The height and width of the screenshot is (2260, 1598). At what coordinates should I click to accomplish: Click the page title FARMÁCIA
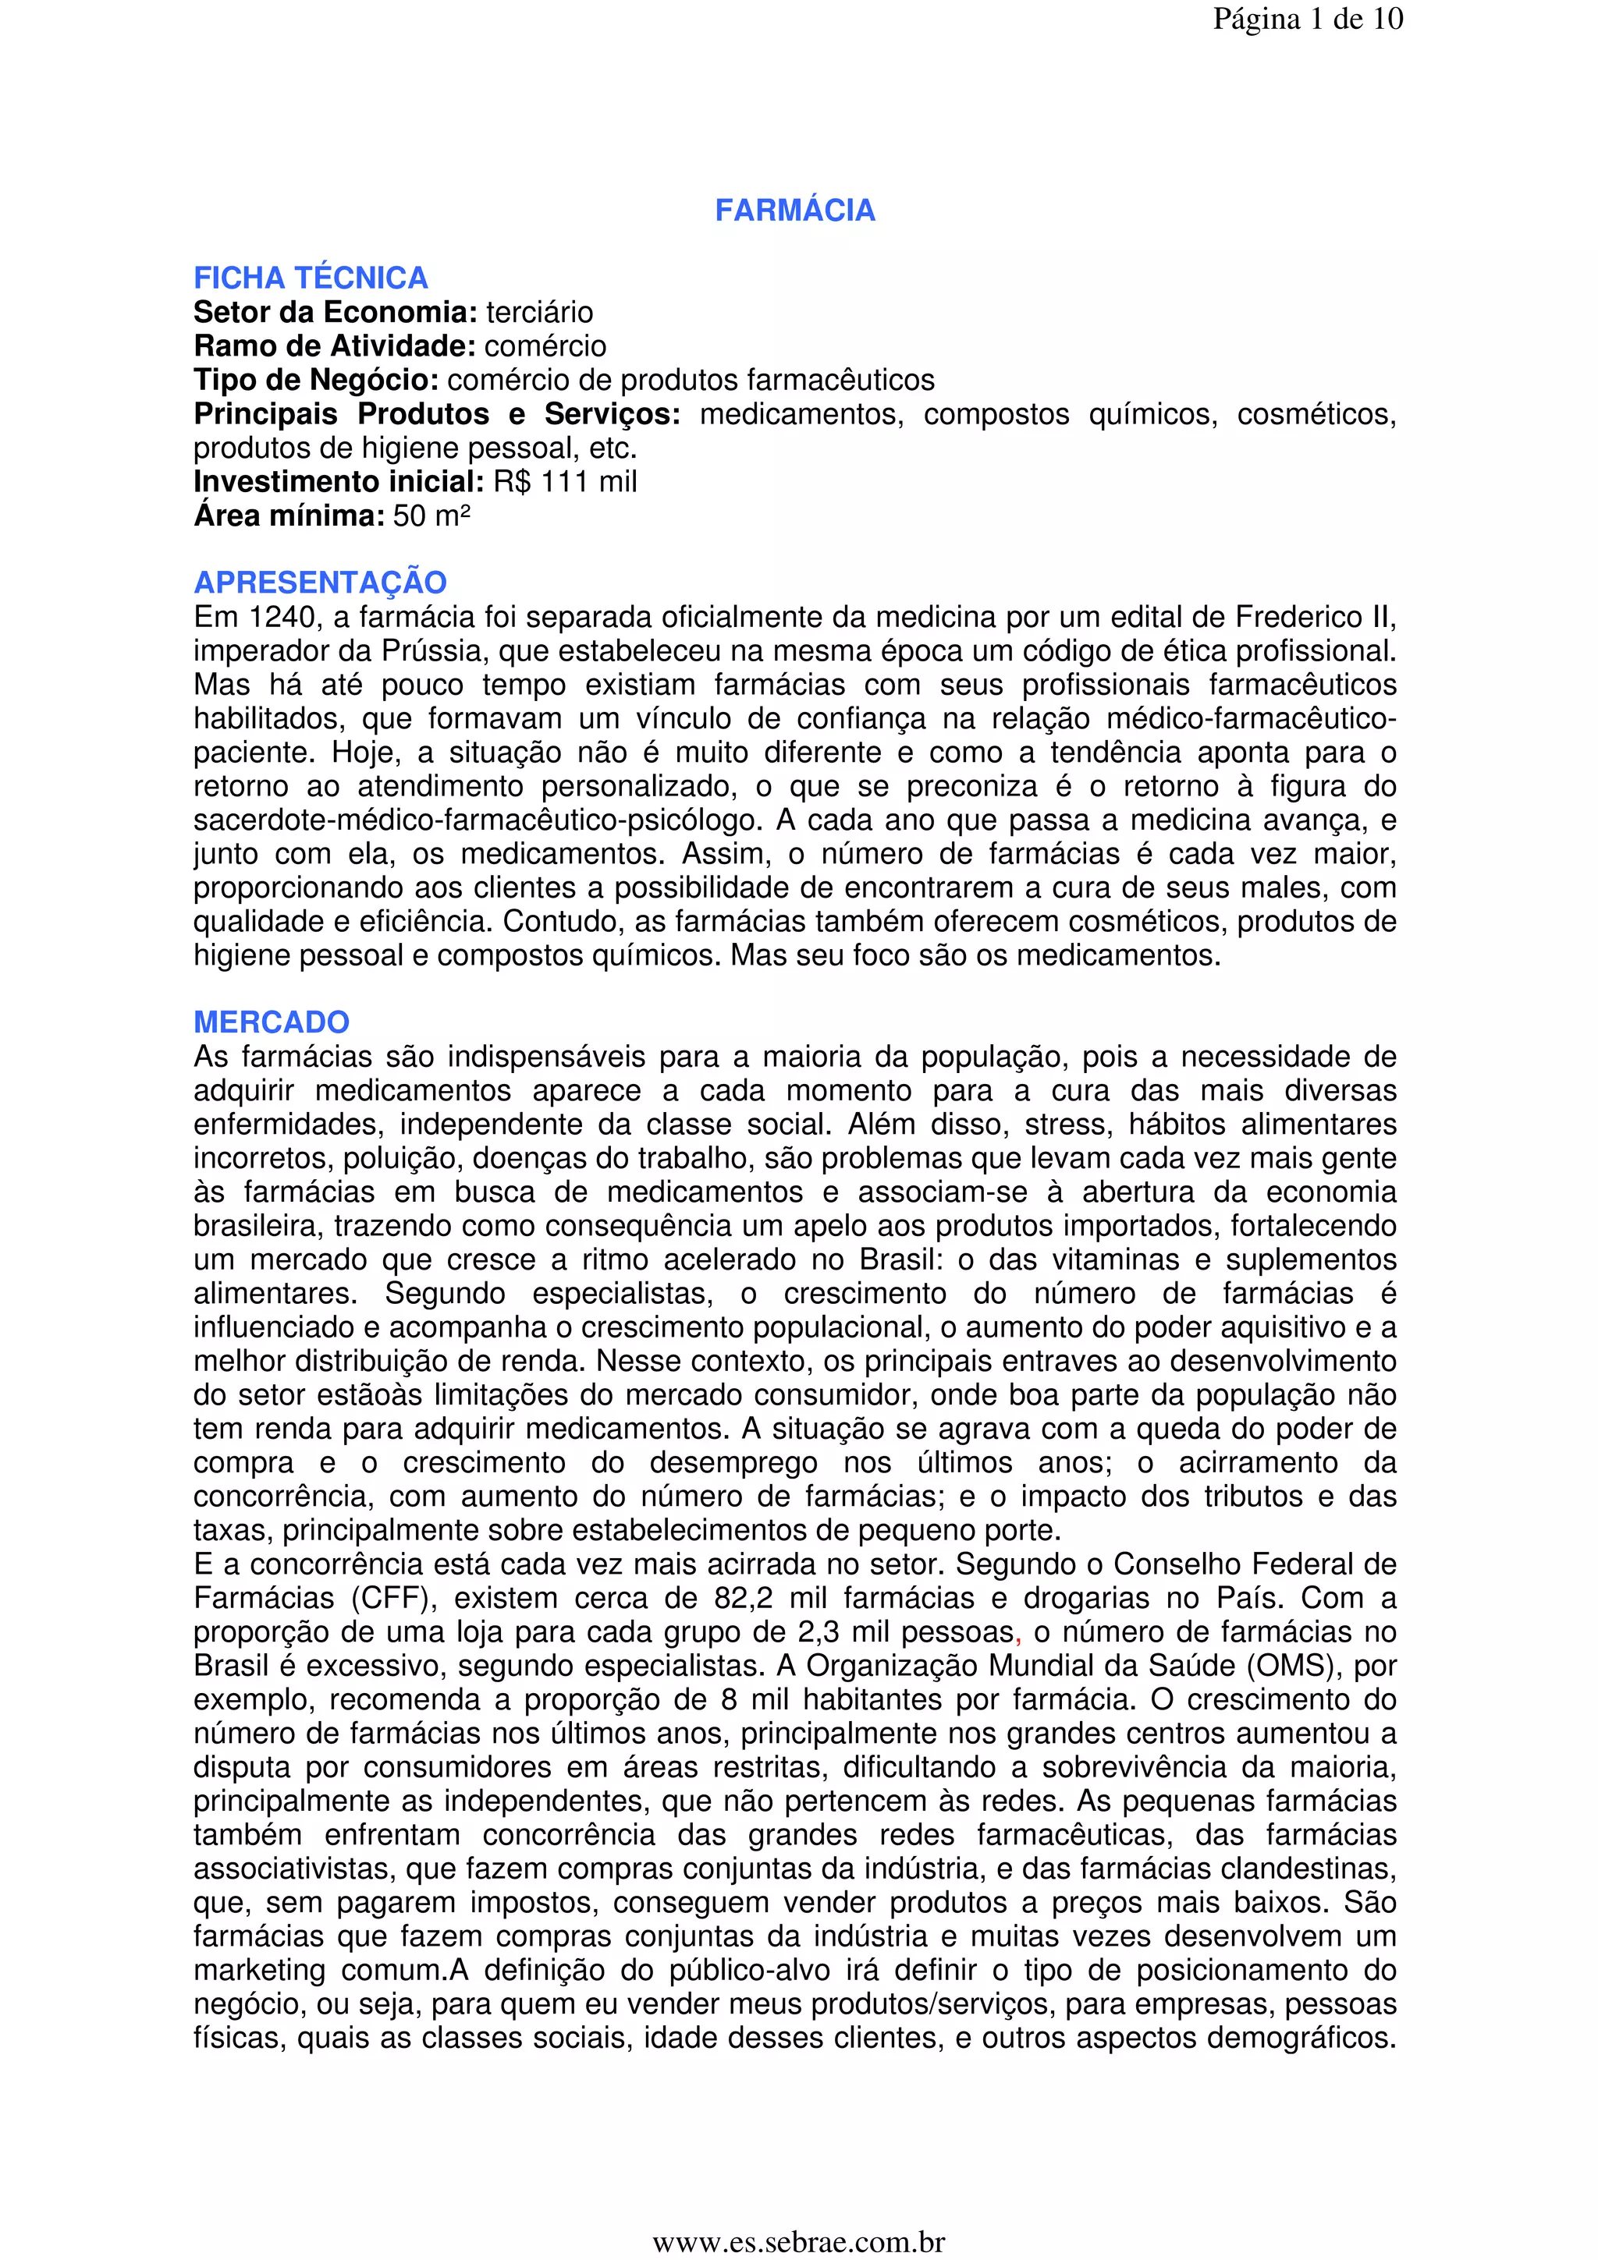[x=794, y=211]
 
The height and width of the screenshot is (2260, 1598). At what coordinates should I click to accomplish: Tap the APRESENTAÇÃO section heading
[x=320, y=583]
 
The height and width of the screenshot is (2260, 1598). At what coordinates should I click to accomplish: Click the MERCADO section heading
[x=271, y=1022]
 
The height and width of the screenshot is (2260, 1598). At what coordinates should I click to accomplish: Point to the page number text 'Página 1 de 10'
[x=1308, y=19]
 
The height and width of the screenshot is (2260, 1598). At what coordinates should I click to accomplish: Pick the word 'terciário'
[x=539, y=313]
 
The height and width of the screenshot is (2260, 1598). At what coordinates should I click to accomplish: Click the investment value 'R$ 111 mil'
[x=565, y=481]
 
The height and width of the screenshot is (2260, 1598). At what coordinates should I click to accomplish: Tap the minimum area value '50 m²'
[x=431, y=515]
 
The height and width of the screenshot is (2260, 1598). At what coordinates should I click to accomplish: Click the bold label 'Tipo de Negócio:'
[x=316, y=380]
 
